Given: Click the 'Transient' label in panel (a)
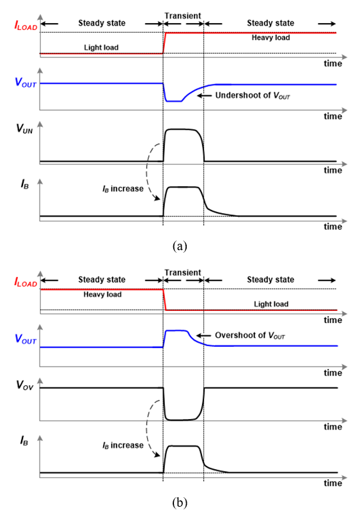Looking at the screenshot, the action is (183, 16).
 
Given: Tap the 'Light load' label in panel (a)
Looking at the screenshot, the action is (101, 47).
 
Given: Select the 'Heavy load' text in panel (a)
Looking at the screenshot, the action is (270, 38).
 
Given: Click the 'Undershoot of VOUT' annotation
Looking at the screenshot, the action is (253, 95).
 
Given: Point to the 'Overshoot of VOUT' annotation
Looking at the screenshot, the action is (250, 335).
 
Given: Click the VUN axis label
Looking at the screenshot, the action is (24, 128).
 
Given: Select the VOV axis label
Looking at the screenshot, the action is (25, 385).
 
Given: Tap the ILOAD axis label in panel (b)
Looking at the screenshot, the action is (26, 282).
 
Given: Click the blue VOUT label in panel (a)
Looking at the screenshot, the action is (26, 82).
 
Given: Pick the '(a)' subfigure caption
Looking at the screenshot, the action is (180, 246).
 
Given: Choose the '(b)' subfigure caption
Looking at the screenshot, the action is (180, 502).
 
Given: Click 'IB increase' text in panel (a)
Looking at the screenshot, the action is (123, 189).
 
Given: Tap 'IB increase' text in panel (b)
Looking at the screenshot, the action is (123, 445).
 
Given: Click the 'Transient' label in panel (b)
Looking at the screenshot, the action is (183, 273).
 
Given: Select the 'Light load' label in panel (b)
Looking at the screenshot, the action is (271, 304).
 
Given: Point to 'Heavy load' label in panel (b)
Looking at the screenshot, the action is (102, 294).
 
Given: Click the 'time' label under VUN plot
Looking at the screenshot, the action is (333, 170).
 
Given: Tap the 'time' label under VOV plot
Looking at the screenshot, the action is (333, 427).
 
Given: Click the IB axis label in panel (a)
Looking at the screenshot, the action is (25, 184).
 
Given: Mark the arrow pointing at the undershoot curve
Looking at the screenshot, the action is (204, 95).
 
